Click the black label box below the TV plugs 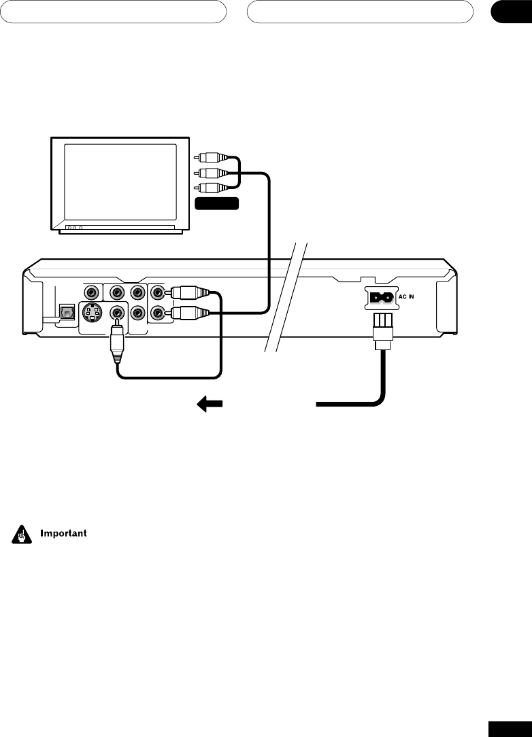217,203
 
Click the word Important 63,533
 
